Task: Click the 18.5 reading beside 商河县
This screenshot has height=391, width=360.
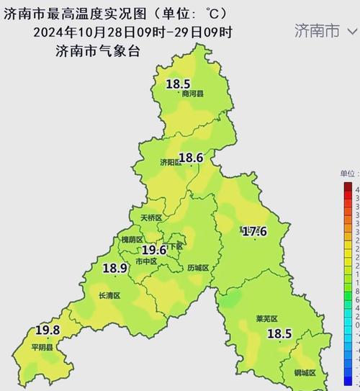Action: [x=179, y=84]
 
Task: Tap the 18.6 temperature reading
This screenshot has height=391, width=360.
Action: [x=192, y=158]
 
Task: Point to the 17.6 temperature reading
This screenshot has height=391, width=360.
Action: [x=253, y=231]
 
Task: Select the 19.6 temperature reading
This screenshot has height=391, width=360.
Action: [x=154, y=250]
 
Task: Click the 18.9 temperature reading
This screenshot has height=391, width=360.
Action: [x=115, y=268]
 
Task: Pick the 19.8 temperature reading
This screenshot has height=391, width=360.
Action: [x=48, y=331]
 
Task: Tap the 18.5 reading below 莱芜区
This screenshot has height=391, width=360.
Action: [x=279, y=333]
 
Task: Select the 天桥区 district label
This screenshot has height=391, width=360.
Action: [x=151, y=217]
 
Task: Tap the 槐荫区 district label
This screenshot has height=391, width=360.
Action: [x=132, y=239]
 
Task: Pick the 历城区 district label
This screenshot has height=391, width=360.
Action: [x=197, y=268]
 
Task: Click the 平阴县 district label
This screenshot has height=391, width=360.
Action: [x=42, y=346]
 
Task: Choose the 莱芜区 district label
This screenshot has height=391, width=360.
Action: [x=266, y=319]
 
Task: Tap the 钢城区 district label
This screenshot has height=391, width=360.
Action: [x=305, y=373]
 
